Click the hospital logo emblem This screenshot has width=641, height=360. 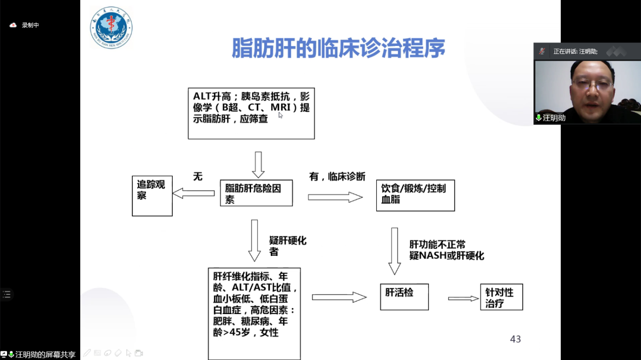[111, 28]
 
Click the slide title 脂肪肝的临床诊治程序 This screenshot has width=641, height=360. [338, 48]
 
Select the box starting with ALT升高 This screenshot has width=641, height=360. [251, 114]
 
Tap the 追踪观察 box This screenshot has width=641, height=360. [152, 196]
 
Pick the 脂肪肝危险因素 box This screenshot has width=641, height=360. [257, 193]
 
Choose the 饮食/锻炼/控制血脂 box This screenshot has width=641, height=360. [416, 195]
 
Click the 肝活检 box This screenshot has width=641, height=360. [404, 297]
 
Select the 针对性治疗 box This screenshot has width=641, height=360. [502, 297]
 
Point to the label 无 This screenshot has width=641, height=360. [198, 176]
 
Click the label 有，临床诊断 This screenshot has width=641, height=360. [337, 176]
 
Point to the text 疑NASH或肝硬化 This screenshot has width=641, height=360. [447, 255]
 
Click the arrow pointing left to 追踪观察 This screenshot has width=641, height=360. [194, 193]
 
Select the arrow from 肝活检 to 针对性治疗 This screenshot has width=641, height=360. [463, 298]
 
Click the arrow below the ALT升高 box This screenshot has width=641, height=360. [258, 165]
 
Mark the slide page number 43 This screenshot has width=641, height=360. [515, 339]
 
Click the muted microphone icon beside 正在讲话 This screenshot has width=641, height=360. [541, 52]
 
